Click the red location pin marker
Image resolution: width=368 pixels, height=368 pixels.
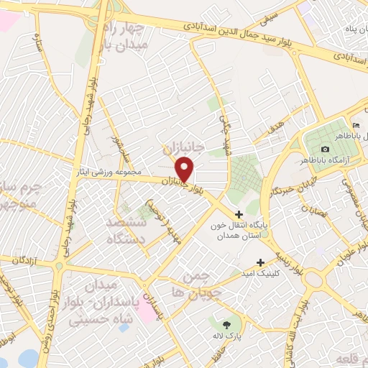[x=185, y=169]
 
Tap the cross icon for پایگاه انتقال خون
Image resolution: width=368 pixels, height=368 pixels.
[x=239, y=214]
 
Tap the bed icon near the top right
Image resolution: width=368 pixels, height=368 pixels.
[x=356, y=126]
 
